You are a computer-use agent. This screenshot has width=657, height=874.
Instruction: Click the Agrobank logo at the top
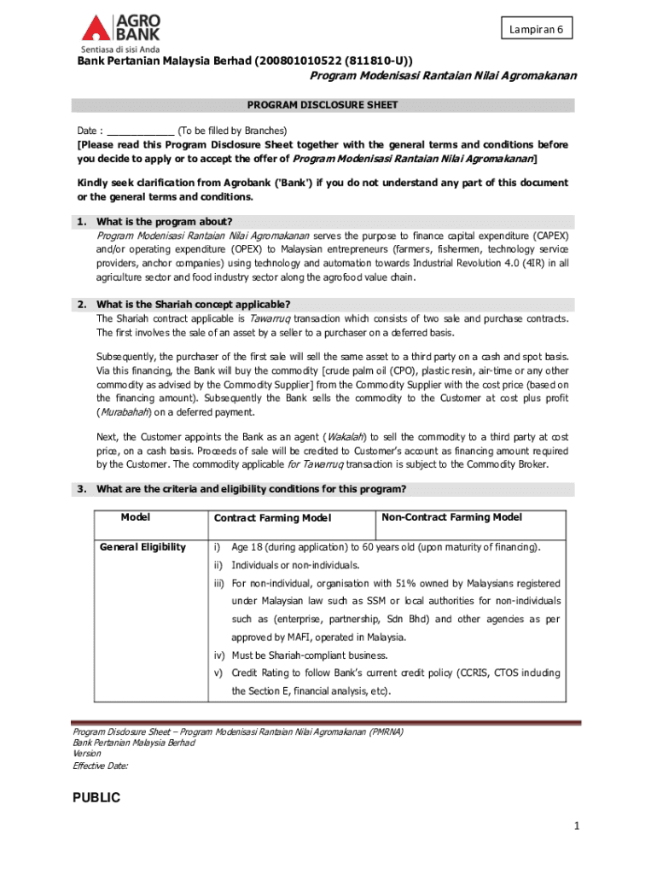tap(120, 26)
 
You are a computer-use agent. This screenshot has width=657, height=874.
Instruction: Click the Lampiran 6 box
tap(536, 29)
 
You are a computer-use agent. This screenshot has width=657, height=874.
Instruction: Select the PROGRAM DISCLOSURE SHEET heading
tap(323, 105)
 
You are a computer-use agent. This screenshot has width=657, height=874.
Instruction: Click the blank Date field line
tap(141, 131)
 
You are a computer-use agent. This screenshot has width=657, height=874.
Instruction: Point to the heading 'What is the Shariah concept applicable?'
tap(194, 304)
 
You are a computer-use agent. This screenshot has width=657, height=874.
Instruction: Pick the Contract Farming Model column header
tap(272, 518)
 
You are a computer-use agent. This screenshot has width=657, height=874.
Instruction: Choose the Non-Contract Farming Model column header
tap(451, 517)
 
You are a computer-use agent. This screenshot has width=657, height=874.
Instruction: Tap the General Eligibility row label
tap(142, 546)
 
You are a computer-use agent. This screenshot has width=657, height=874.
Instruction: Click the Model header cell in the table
tap(136, 517)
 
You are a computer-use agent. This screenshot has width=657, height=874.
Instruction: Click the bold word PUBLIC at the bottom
tap(96, 798)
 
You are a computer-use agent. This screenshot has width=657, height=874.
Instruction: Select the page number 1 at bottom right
tap(577, 825)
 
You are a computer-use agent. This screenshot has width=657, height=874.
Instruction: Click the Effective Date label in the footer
tap(101, 766)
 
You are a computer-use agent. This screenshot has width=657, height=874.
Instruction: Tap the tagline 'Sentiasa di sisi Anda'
tap(119, 48)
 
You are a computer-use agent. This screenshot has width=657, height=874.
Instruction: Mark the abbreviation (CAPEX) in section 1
tap(548, 235)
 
